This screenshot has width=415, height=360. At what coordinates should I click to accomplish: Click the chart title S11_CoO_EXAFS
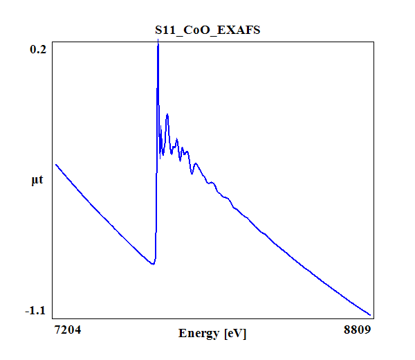pos(207,31)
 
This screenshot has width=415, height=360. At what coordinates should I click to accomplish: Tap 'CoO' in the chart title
pos(203,31)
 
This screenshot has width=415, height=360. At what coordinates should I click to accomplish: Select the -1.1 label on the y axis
pos(36,310)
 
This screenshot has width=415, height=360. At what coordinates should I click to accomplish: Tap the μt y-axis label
pos(38,181)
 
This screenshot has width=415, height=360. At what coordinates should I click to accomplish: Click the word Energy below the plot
pos(199,334)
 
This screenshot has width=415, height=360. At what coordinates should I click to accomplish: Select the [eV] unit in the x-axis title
pos(234,334)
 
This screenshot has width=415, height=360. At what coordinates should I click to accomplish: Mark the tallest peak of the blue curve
pos(158,42)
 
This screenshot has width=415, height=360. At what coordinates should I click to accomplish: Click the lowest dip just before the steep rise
pos(153,264)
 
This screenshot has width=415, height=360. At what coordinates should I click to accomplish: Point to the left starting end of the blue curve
pos(56,165)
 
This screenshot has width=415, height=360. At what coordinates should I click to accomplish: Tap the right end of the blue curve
pos(371,314)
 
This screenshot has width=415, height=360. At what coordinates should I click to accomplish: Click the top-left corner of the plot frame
pos(52,41)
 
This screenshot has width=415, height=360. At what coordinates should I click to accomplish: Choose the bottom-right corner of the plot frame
pos(374,318)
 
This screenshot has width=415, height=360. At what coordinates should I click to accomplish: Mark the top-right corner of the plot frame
pos(374,41)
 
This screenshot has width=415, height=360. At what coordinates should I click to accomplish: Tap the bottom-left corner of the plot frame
pos(52,318)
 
